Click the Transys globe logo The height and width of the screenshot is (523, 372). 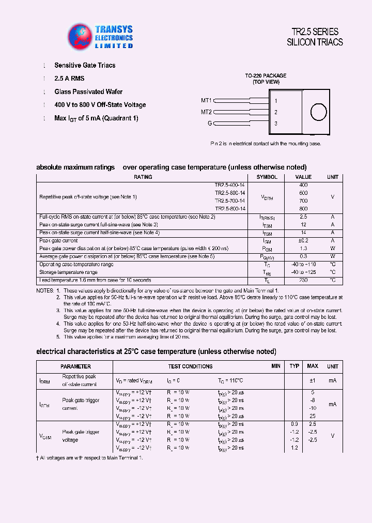click(80, 36)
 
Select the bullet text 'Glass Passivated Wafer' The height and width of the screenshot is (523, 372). click(88, 91)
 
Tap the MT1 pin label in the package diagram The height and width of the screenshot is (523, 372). click(206, 101)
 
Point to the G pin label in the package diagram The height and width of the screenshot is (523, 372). click(210, 124)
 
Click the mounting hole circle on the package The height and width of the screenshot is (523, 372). click(318, 112)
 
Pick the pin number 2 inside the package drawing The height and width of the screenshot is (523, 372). click(276, 112)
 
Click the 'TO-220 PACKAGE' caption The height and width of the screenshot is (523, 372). click(266, 75)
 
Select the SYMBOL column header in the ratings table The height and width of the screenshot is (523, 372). click(267, 177)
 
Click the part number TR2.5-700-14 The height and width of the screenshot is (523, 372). click(230, 201)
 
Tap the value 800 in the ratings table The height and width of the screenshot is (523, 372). click(303, 208)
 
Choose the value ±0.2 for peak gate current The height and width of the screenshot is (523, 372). click(303, 240)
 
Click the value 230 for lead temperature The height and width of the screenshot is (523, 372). click(303, 280)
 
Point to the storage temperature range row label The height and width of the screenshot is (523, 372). click(68, 272)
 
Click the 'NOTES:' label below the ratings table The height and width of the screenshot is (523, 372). click(45, 291)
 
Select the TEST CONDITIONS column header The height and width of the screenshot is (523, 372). click(190, 366)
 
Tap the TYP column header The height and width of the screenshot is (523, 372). click(295, 366)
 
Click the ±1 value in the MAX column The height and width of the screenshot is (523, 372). click(312, 380)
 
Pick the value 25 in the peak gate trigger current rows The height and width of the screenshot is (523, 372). click(312, 416)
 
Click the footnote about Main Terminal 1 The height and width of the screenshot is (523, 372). click(89, 457)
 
